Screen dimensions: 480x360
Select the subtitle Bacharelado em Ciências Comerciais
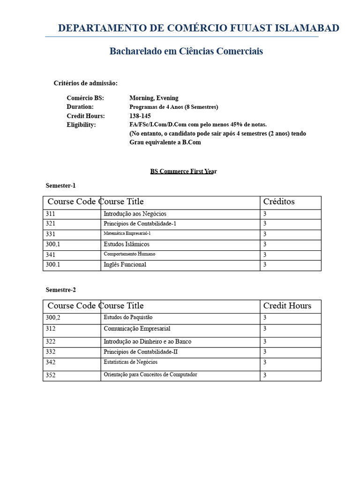click(186, 51)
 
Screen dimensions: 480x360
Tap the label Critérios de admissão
click(86, 83)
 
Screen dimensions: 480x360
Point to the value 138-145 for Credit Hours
click(140, 116)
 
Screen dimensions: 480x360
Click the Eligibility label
click(81, 125)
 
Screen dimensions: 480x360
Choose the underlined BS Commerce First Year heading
click(183, 171)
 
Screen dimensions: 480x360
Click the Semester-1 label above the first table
click(60, 186)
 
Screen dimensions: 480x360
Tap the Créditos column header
click(279, 202)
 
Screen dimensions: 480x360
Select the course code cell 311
click(50, 214)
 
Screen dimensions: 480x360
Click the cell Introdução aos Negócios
click(135, 214)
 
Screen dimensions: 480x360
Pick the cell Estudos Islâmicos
click(127, 244)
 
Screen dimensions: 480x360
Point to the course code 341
click(50, 255)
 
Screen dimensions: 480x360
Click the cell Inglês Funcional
click(125, 264)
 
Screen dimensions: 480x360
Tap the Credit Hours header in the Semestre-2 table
click(287, 306)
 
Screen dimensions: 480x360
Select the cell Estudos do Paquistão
click(128, 317)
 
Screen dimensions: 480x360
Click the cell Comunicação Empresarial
click(137, 329)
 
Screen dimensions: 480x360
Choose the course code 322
click(50, 342)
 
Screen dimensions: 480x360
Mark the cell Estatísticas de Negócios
click(130, 362)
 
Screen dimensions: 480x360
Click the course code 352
click(50, 375)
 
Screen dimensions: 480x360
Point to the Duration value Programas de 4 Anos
click(173, 107)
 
